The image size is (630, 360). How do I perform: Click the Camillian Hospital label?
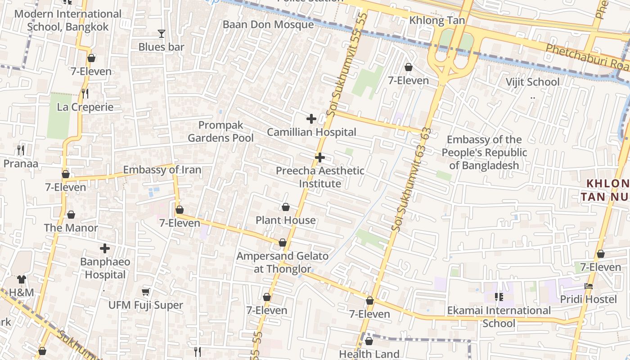[311, 132]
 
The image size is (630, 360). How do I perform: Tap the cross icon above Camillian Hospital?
[311, 119]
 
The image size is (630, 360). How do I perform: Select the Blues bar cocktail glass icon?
[161, 34]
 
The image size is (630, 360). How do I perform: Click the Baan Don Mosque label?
[268, 25]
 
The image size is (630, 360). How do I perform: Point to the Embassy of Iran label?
[162, 170]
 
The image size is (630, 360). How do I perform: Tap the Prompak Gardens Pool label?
[220, 131]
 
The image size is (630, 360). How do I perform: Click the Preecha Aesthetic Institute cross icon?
[319, 157]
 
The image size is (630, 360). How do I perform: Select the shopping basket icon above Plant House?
[285, 207]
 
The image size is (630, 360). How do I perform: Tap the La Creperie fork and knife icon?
[85, 94]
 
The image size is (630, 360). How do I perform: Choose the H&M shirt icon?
[22, 279]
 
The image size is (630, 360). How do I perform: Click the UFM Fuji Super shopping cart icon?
[146, 292]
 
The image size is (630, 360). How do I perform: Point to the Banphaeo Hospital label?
[105, 268]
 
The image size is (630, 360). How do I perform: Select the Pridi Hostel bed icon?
[588, 286]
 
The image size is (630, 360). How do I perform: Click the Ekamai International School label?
[499, 317]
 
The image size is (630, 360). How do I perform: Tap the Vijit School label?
[532, 82]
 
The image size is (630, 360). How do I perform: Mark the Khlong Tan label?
[437, 21]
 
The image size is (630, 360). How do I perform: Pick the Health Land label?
[369, 354]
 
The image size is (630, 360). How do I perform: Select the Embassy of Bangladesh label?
[484, 153]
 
